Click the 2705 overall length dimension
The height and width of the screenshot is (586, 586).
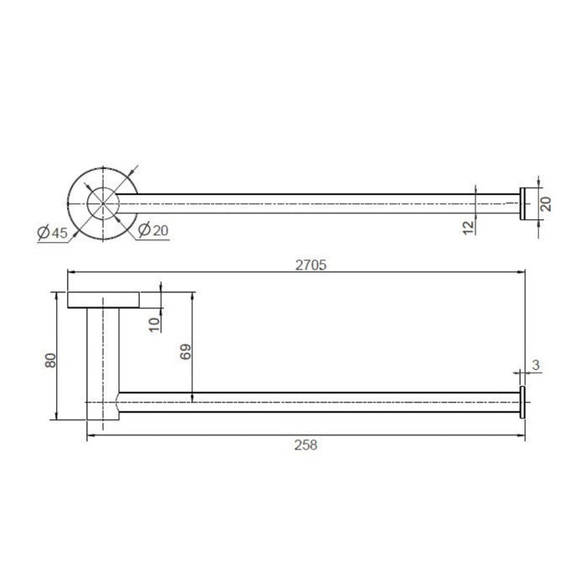point(311,265)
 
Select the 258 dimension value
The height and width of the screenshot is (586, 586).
point(306,445)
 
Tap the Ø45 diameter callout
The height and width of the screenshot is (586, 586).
point(53,233)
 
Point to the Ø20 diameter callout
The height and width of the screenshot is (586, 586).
point(153,230)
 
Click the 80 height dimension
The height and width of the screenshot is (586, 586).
point(50,360)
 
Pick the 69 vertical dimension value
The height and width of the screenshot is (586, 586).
point(185,352)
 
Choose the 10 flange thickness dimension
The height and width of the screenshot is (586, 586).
point(154,325)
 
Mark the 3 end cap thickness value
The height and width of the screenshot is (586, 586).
point(536,365)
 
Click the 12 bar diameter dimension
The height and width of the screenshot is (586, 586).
point(468,228)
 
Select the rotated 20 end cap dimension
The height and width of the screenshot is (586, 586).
point(546,204)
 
